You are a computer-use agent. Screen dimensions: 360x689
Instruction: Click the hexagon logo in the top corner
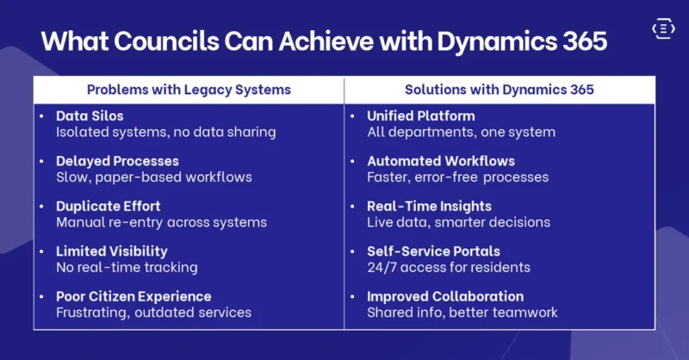[662, 29]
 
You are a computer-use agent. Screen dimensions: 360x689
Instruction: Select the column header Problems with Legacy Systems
[189, 90]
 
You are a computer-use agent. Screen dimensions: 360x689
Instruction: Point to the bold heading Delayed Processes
[118, 161]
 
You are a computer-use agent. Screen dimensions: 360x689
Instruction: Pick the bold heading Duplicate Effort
[108, 206]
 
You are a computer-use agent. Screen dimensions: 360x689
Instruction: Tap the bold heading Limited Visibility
[112, 251]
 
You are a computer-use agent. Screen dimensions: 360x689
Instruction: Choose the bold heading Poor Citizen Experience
[133, 296]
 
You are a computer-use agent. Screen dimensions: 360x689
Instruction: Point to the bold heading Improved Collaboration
[445, 296]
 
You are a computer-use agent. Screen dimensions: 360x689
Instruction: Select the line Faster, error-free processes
[456, 177]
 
